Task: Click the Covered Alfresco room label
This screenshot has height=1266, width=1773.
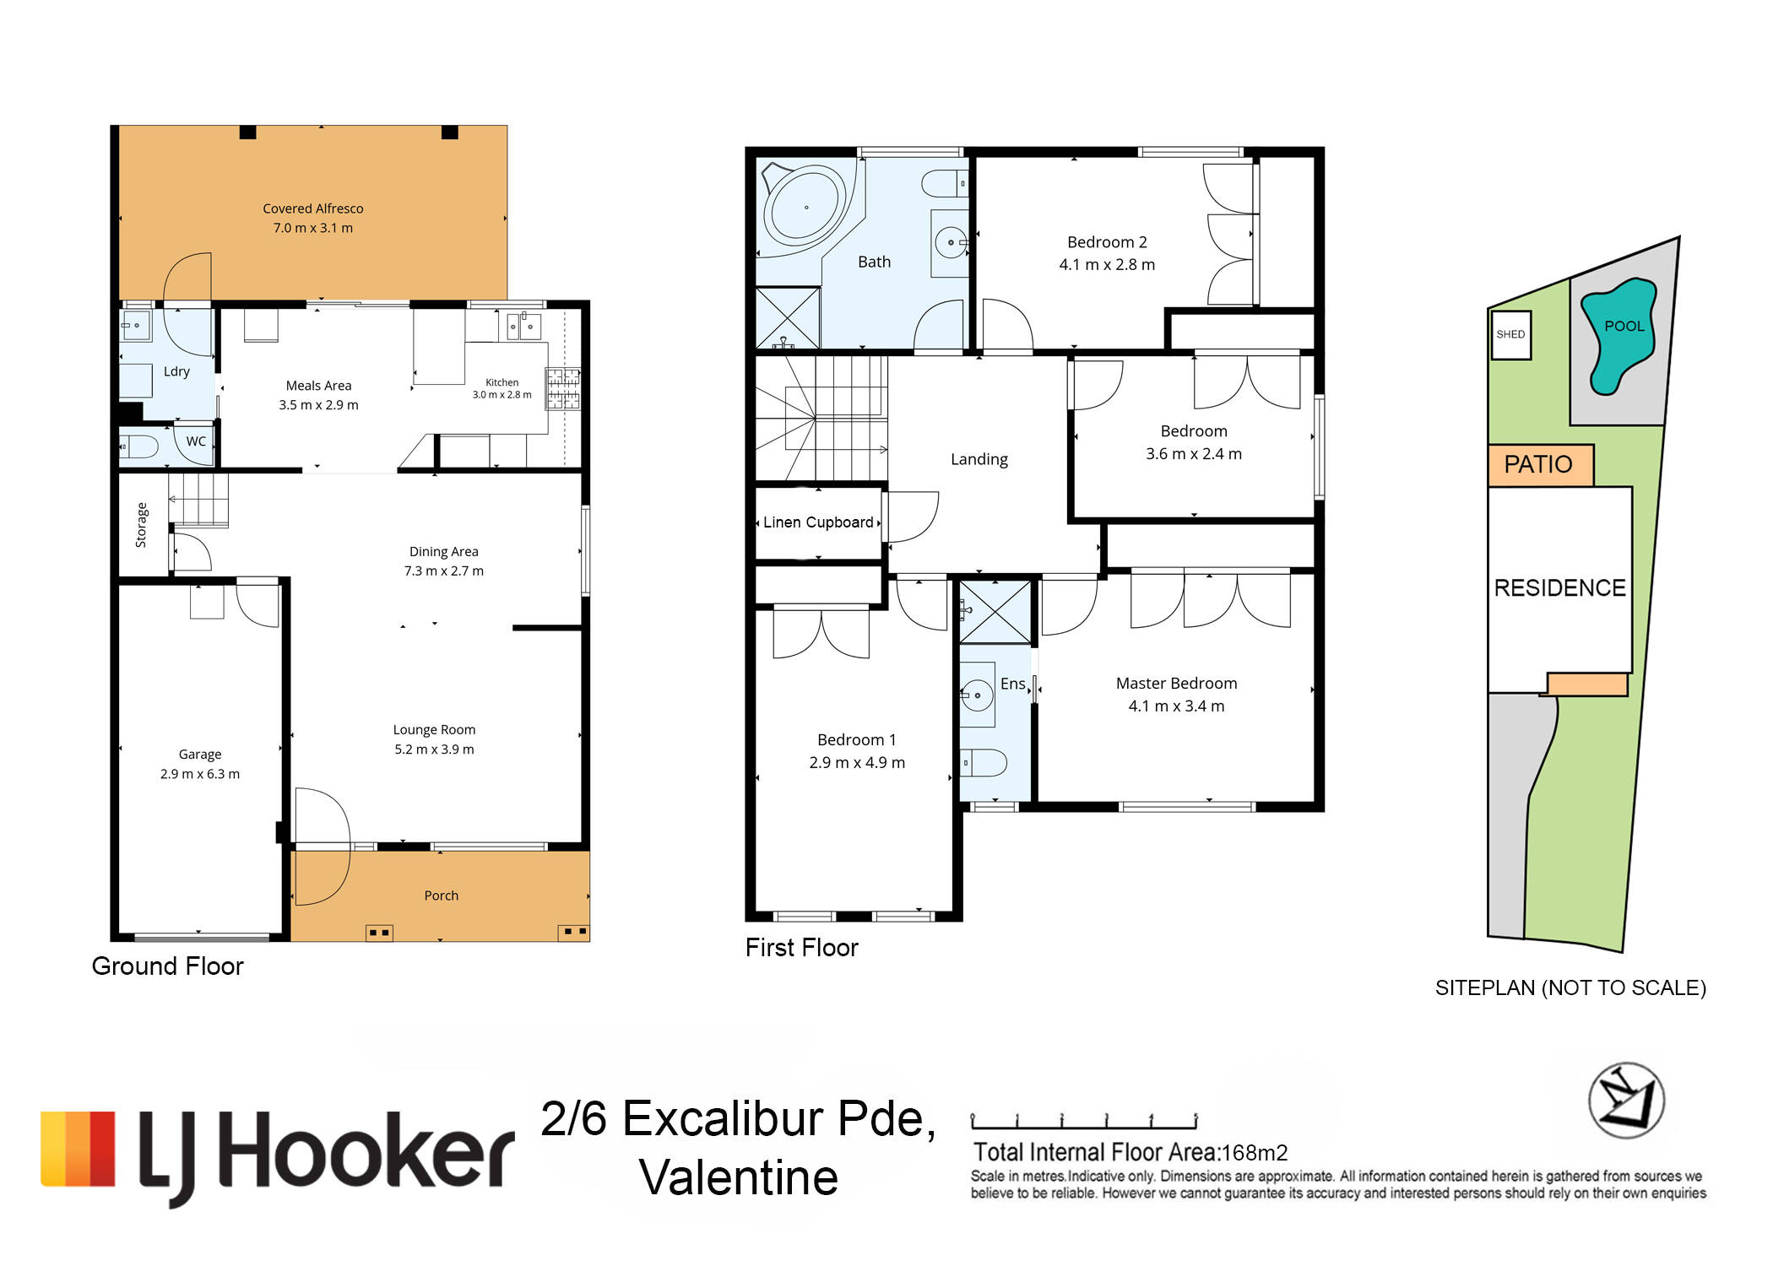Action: click(312, 208)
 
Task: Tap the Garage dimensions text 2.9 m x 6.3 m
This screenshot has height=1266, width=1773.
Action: click(200, 774)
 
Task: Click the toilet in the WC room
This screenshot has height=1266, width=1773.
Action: click(138, 446)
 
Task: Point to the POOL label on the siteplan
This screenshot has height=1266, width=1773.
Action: click(1624, 326)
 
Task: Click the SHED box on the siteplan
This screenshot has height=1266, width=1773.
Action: click(1510, 335)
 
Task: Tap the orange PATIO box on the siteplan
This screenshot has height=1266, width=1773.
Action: click(1540, 464)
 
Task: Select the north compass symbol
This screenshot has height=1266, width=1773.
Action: click(1626, 1101)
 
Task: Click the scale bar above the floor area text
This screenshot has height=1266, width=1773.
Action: click(1084, 1122)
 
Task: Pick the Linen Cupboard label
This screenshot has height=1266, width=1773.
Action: click(818, 522)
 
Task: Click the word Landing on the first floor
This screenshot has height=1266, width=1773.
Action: click(979, 459)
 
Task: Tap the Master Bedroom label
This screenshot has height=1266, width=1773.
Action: click(1176, 684)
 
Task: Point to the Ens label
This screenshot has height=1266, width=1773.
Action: click(1012, 684)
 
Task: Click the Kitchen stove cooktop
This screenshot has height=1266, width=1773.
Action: click(563, 388)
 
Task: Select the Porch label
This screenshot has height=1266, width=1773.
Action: click(441, 895)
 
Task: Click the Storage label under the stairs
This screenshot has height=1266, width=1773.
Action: click(141, 525)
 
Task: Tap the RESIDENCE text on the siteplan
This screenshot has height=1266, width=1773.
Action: click(1559, 588)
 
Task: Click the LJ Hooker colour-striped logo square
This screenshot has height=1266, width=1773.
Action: click(78, 1150)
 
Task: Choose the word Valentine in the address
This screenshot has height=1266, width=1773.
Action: click(738, 1177)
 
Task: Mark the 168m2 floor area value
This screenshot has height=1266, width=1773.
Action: click(1255, 1153)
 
